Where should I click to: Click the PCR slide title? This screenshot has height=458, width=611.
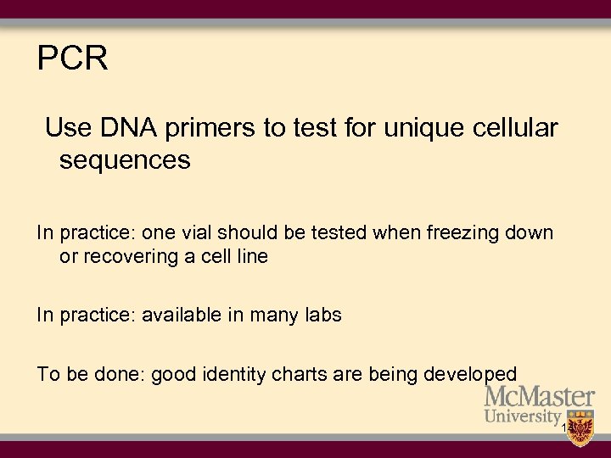tap(73, 59)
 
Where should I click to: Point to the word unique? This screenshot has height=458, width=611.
tap(426, 128)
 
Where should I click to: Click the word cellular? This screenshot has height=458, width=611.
tap(517, 128)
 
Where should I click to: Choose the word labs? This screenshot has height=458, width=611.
tap(322, 316)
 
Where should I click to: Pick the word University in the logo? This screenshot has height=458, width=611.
tap(523, 417)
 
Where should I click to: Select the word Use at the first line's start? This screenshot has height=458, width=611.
tap(65, 128)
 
